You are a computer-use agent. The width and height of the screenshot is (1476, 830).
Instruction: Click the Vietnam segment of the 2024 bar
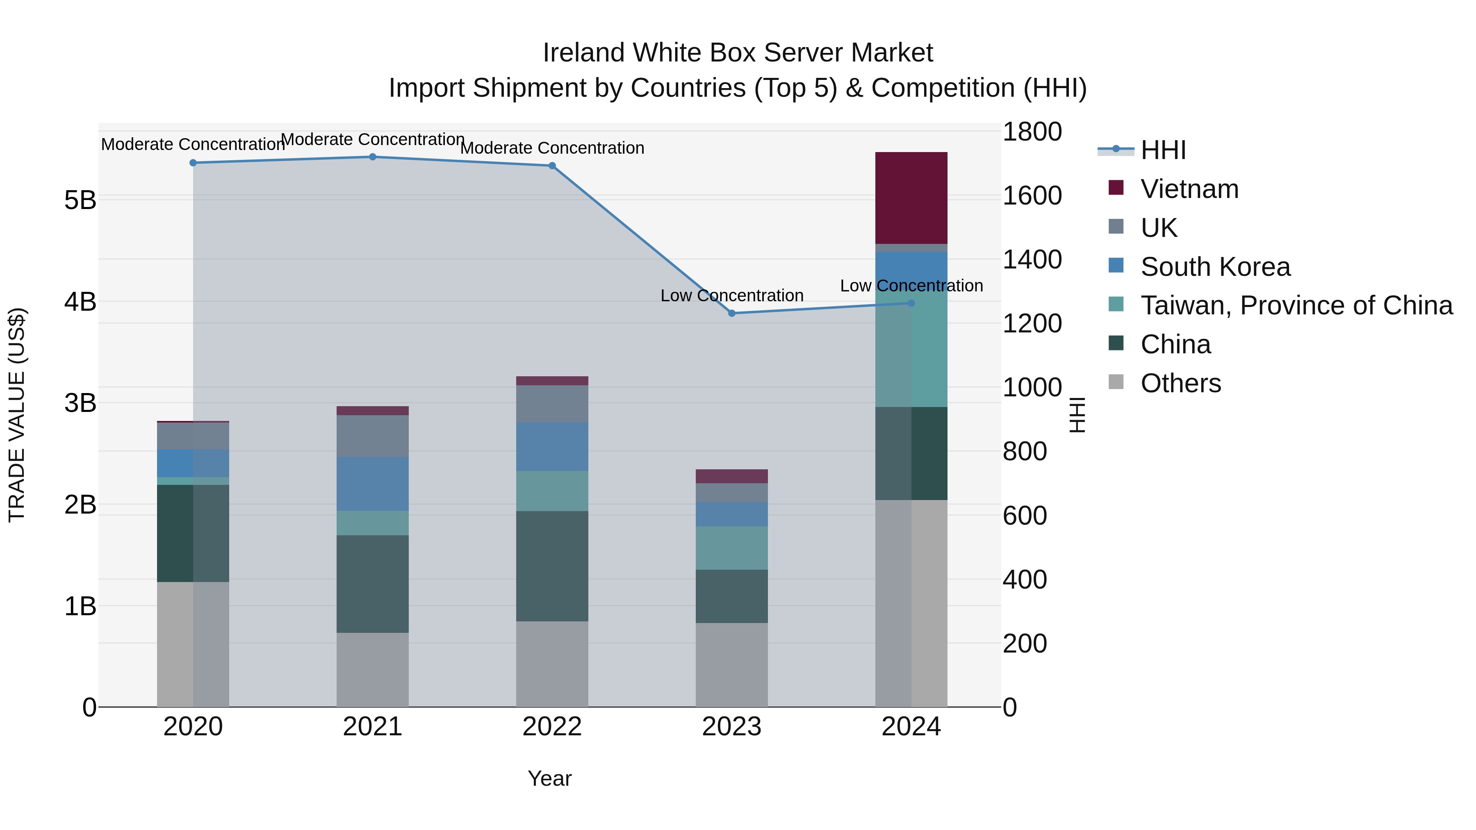click(911, 198)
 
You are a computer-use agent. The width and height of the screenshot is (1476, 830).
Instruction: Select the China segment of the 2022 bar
click(552, 566)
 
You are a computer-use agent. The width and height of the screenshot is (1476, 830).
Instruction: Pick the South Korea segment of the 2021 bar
click(372, 484)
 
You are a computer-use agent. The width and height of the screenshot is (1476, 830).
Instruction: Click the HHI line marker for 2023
click(732, 313)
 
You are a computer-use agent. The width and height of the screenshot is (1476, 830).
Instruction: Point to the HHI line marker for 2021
click(372, 157)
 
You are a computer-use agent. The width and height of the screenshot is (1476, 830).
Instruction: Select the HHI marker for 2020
click(193, 163)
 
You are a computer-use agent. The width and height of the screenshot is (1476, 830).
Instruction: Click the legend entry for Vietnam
click(1189, 189)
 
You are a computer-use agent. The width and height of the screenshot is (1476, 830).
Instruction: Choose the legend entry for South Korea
click(1215, 267)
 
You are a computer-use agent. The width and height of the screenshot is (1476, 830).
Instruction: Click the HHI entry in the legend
click(1163, 150)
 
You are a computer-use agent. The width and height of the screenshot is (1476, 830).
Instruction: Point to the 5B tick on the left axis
click(80, 200)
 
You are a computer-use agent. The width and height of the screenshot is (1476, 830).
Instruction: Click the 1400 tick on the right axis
click(1032, 259)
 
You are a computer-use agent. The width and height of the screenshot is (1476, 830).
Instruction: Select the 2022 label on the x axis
click(552, 727)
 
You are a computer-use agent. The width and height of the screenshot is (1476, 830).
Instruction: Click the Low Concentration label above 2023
click(732, 296)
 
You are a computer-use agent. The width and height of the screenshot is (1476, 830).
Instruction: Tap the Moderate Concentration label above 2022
click(552, 148)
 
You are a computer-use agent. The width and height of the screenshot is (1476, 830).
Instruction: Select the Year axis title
click(549, 778)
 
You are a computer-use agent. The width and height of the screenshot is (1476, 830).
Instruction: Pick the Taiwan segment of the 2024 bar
click(911, 355)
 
